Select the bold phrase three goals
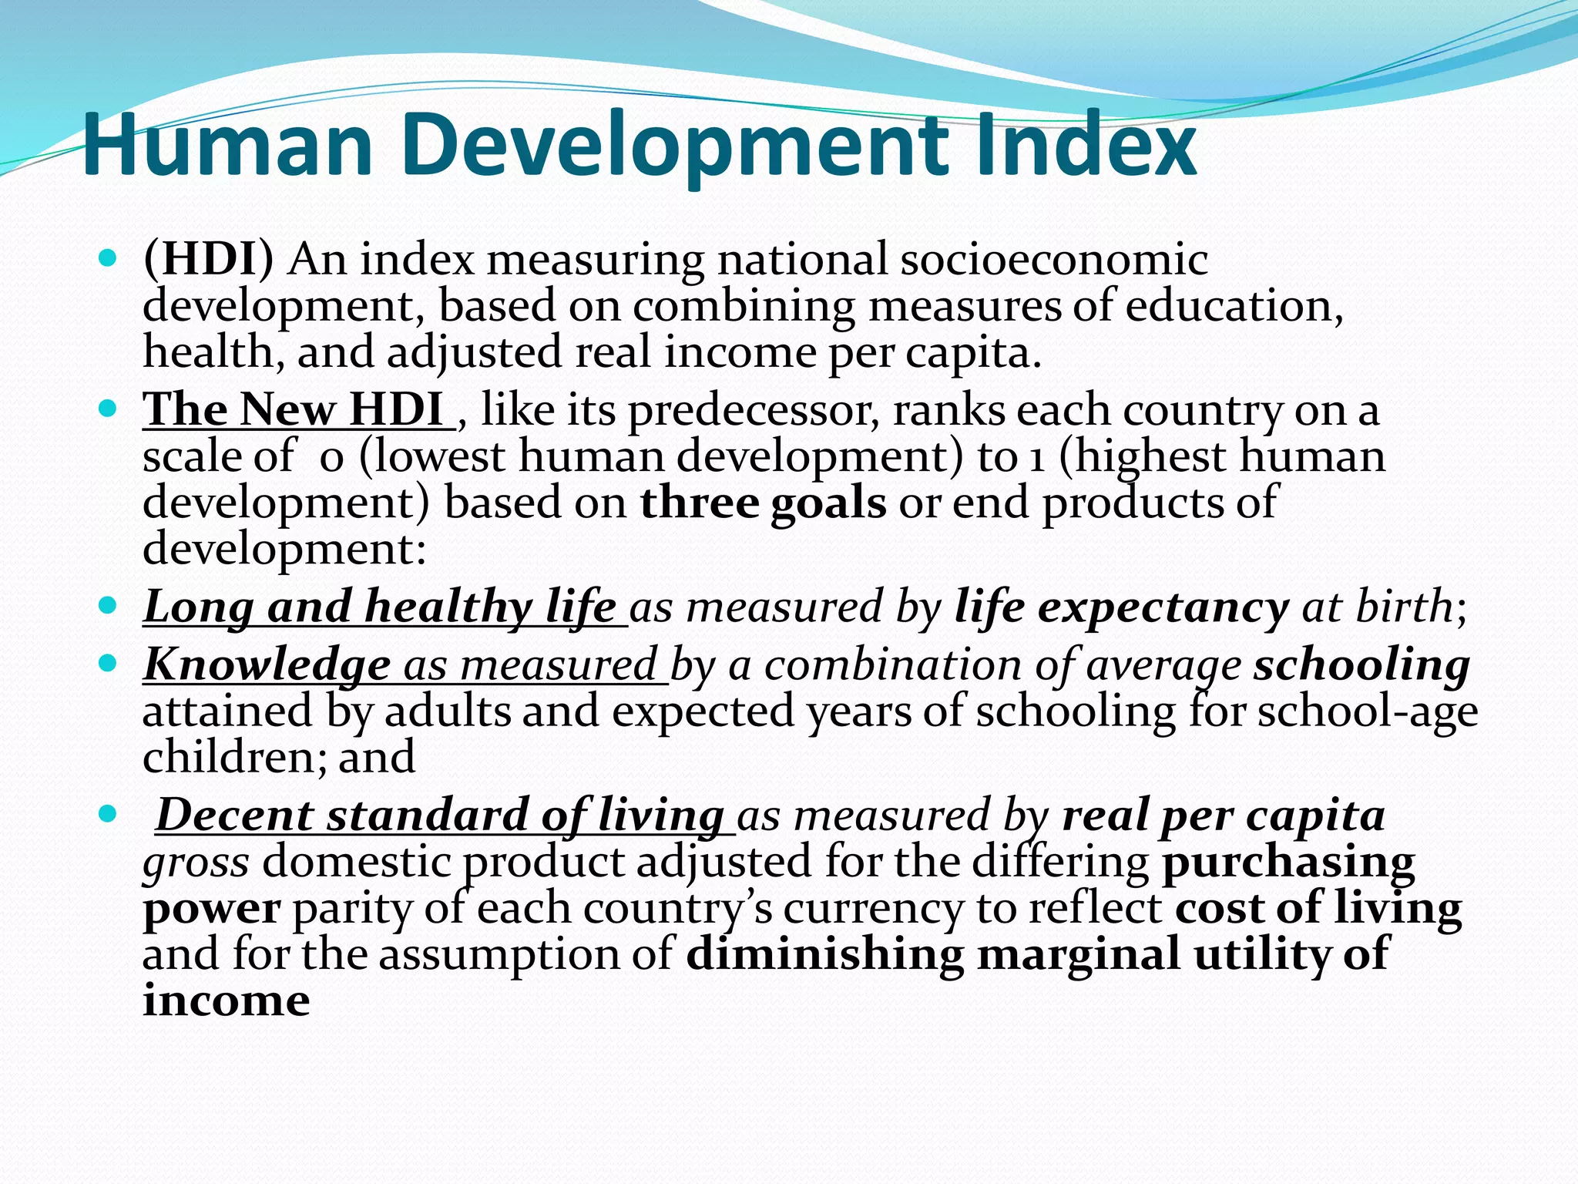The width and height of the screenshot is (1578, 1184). (x=763, y=503)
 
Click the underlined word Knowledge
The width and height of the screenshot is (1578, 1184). (x=267, y=664)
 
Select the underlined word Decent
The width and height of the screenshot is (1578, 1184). (x=234, y=816)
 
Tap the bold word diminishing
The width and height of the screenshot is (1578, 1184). (x=824, y=954)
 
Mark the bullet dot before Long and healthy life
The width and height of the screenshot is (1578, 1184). (x=107, y=606)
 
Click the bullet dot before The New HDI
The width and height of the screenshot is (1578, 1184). (x=107, y=409)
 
